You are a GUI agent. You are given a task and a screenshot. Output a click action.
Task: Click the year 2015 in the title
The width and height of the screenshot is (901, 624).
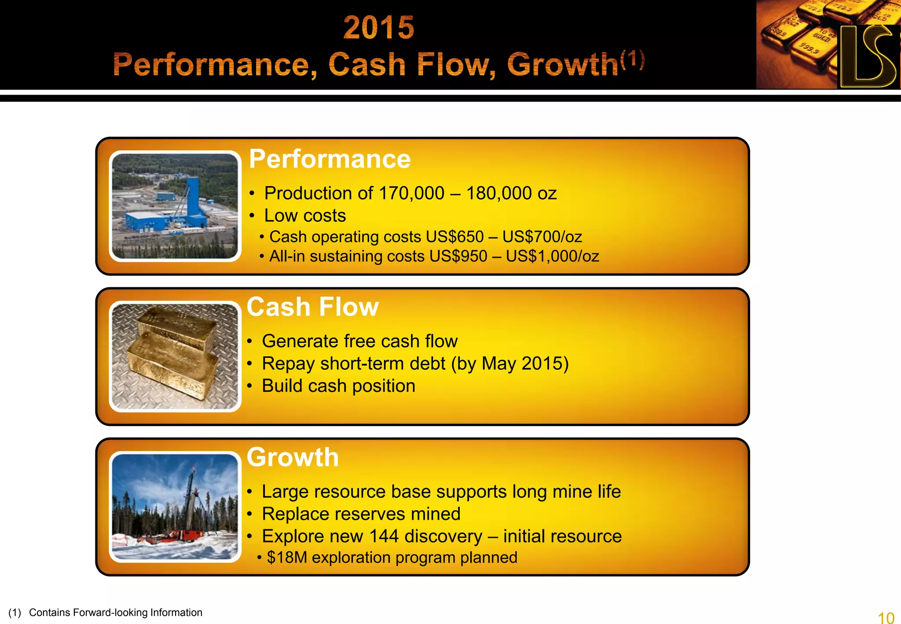point(379,27)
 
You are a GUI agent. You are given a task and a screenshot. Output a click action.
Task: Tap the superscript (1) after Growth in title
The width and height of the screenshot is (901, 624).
point(633,60)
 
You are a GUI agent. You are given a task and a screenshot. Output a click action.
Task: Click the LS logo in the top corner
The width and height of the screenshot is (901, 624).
point(868,56)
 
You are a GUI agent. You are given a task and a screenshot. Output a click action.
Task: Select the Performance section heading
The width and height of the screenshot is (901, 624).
point(330,159)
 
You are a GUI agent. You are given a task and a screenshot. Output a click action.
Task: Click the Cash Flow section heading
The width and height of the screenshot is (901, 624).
point(313,307)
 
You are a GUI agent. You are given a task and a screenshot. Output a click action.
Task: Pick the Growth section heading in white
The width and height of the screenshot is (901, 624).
point(293,457)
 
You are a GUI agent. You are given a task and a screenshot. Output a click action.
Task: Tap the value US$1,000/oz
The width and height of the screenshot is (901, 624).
point(552,256)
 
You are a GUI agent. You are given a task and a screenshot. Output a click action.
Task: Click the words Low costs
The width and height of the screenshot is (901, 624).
point(305,216)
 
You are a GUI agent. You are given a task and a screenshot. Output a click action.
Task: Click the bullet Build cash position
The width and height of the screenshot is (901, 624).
point(338,386)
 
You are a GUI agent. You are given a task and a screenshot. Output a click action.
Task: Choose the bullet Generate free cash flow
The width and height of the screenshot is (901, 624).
point(359,341)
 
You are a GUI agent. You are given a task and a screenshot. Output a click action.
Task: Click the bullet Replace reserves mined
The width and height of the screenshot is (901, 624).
point(361,514)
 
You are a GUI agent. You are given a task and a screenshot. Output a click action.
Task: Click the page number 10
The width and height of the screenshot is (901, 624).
point(886,617)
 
